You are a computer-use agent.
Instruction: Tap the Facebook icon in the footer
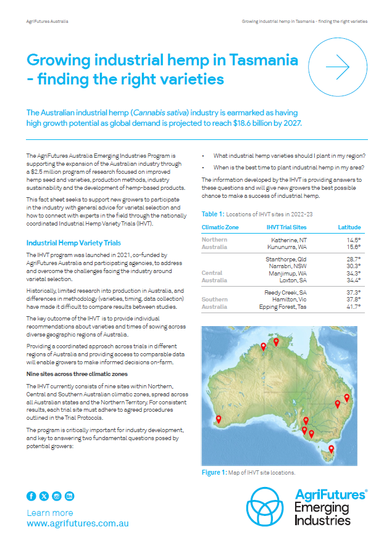point(31,496)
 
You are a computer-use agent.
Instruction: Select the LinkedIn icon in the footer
point(69,496)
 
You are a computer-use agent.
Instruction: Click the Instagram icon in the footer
point(57,496)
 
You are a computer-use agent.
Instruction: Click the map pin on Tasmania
point(332,450)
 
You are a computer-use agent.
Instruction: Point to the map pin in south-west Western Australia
point(217,421)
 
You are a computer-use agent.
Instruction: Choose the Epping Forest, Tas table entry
point(282,306)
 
